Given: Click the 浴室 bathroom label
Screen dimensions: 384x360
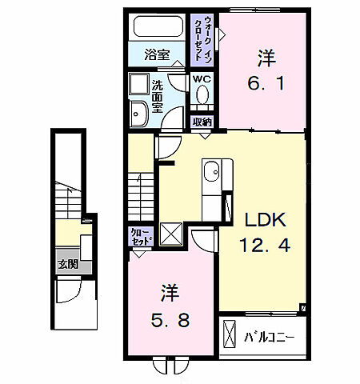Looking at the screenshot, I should [158, 55].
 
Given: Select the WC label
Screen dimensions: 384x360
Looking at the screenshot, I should [201, 80].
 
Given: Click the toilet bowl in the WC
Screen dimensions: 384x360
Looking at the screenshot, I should [202, 96].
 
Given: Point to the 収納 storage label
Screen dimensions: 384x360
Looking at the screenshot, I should [202, 122].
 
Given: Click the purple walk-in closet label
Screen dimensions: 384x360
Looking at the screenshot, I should [202, 38].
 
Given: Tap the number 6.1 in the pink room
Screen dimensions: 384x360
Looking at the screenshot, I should [267, 82].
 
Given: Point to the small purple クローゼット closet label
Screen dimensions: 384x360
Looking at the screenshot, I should [140, 237].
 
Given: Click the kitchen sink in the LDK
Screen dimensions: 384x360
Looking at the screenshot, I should [212, 172].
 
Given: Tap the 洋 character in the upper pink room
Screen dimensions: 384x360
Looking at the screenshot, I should [266, 58].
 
